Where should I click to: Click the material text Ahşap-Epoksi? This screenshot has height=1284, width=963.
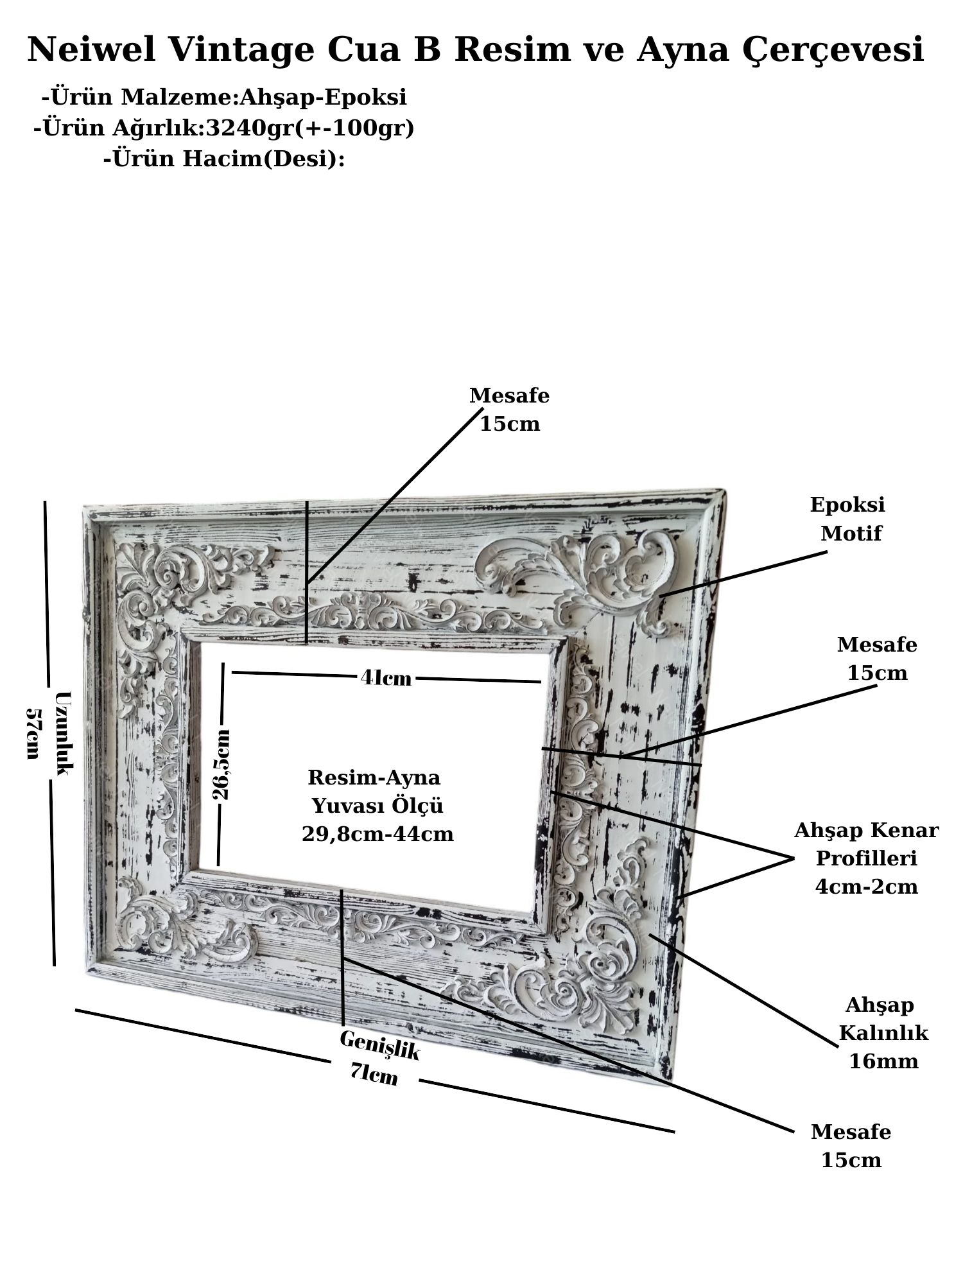(x=323, y=98)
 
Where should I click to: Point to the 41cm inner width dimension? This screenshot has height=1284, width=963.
(x=386, y=677)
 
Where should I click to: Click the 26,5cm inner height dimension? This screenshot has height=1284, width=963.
(x=221, y=764)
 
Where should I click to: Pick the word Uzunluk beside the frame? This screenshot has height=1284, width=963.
(x=64, y=733)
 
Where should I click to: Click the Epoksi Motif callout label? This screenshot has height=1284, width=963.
(x=849, y=518)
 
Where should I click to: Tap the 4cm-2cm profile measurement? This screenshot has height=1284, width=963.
(x=866, y=887)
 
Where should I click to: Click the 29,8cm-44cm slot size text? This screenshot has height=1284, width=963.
(x=377, y=834)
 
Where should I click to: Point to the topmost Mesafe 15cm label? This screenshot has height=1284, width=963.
(x=510, y=410)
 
